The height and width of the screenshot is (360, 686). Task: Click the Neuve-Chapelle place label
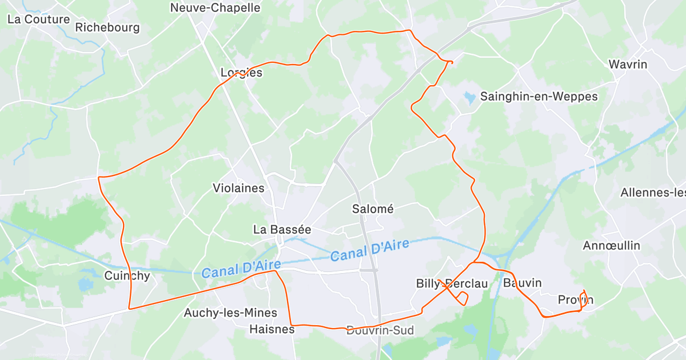click(x=216, y=8)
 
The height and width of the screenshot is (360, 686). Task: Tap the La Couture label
click(x=38, y=19)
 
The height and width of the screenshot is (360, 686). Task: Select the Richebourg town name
click(x=107, y=27)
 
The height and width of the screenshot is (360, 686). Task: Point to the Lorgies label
click(x=241, y=73)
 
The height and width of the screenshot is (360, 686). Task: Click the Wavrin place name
click(x=628, y=64)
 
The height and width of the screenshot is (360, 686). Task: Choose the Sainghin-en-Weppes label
click(x=539, y=97)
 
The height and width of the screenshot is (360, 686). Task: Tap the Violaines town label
click(x=238, y=188)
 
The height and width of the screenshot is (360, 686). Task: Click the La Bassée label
click(x=282, y=230)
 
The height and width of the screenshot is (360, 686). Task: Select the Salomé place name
click(x=373, y=209)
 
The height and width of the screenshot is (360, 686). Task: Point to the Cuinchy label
click(x=127, y=276)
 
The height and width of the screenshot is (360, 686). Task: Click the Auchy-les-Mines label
click(x=230, y=313)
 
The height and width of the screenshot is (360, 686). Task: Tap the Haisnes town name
click(x=272, y=329)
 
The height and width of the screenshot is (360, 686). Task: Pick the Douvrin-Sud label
click(x=380, y=330)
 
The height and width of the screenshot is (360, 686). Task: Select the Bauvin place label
click(x=522, y=283)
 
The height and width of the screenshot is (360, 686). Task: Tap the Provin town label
click(x=575, y=300)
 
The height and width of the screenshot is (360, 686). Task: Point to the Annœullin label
click(x=611, y=246)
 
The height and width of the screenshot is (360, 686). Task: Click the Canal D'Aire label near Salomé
click(x=370, y=250)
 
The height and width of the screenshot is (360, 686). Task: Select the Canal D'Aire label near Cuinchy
click(x=241, y=269)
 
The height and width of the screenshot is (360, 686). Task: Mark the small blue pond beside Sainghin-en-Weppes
click(x=469, y=97)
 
